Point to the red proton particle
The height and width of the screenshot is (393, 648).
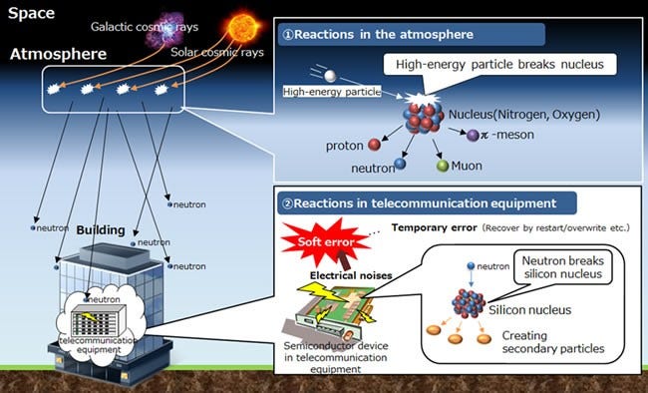pos(375,145)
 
